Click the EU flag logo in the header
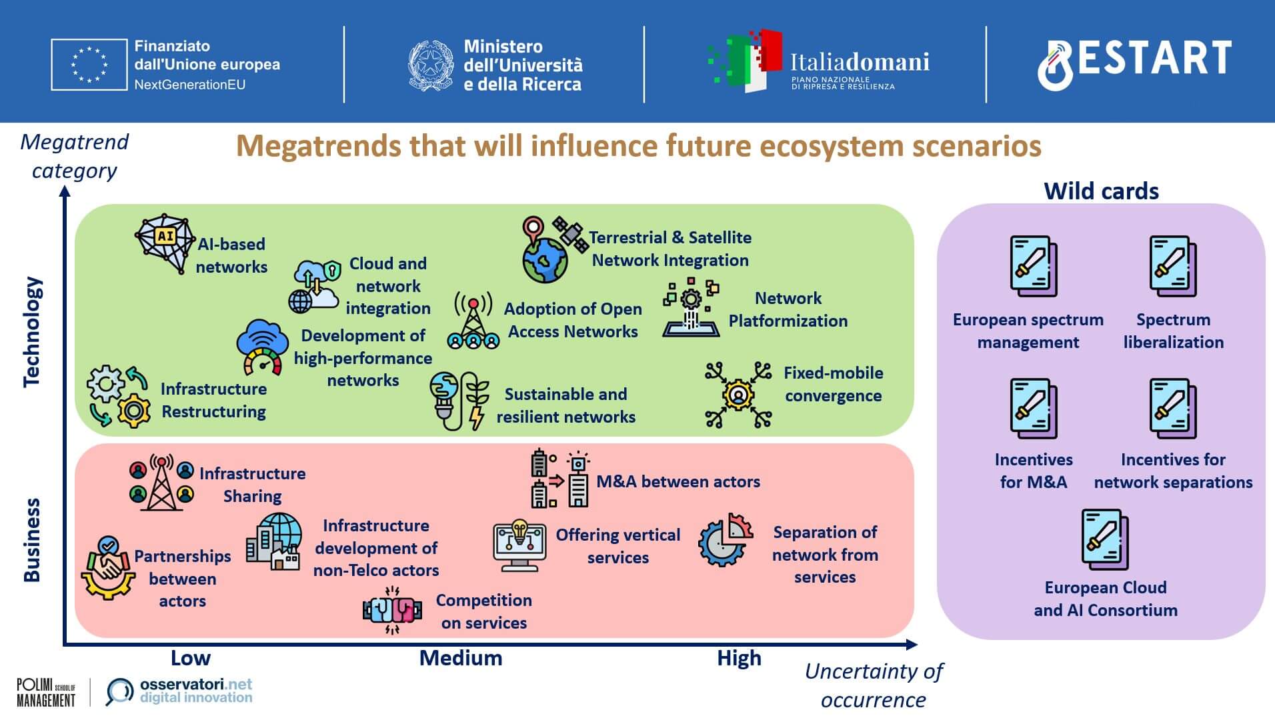pyautogui.click(x=89, y=65)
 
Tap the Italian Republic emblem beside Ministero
pyautogui.click(x=431, y=65)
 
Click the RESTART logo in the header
pyautogui.click(x=1134, y=63)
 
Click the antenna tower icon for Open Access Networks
pyautogui.click(x=473, y=320)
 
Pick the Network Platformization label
pyautogui.click(x=788, y=309)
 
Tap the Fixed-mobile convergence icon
pyautogui.click(x=738, y=395)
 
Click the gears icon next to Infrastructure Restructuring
pyautogui.click(x=119, y=396)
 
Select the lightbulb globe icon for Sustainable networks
pyautogui.click(x=459, y=401)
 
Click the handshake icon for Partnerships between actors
pyautogui.click(x=107, y=568)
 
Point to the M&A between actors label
pyautogui.click(x=678, y=481)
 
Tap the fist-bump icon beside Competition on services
pyautogui.click(x=393, y=610)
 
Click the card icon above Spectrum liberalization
pyautogui.click(x=1173, y=266)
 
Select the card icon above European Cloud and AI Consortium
pyautogui.click(x=1105, y=539)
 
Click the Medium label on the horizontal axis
pyautogui.click(x=461, y=658)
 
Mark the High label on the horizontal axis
pyautogui.click(x=739, y=658)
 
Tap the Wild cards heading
pyautogui.click(x=1101, y=191)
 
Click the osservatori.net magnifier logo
pyautogui.click(x=119, y=692)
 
